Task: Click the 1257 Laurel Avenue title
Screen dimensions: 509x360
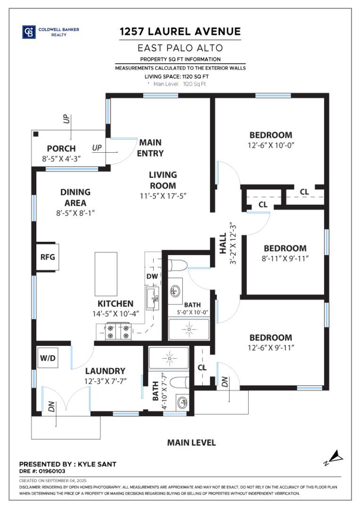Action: coord(180,32)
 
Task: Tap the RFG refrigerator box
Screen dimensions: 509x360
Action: coord(47,257)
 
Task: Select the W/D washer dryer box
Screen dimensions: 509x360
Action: coord(48,358)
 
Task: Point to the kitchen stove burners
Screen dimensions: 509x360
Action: coord(118,331)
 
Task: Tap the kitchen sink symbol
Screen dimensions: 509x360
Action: coord(153,298)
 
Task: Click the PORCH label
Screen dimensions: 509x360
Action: coord(61,148)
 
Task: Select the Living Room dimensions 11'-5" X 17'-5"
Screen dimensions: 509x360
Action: coord(163,196)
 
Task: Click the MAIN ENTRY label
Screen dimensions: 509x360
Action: coord(150,148)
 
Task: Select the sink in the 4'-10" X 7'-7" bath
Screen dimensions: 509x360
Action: coord(181,402)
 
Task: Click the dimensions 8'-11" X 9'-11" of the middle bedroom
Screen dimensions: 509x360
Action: coord(285,258)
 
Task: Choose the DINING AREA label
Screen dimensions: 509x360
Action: coord(75,197)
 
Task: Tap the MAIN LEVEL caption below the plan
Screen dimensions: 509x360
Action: coord(191,443)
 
